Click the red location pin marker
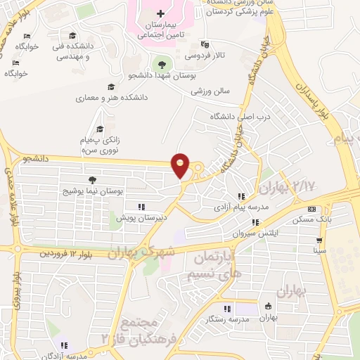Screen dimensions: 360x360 pos(181,165)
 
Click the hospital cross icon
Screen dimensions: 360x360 pos(161,13)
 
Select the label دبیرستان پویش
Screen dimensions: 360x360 pos(141,218)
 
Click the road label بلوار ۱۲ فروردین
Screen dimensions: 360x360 pos(67,252)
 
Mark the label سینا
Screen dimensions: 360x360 pos(320,250)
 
